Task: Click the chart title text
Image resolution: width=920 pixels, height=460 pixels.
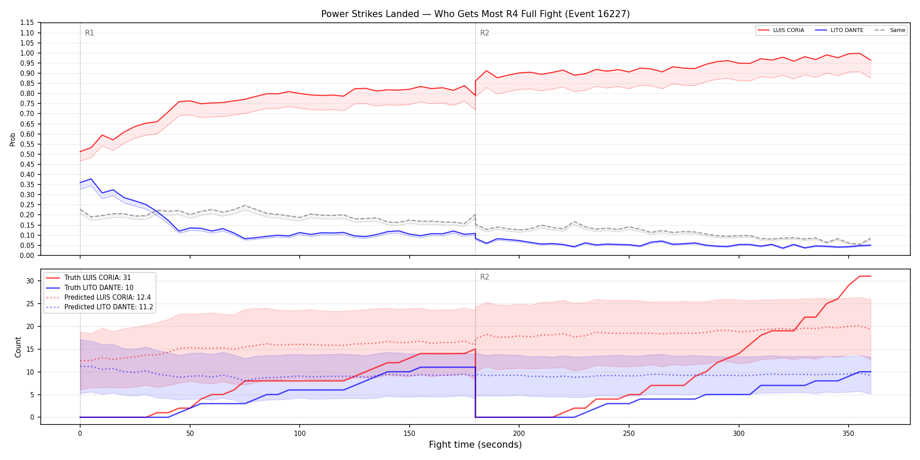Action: (475, 14)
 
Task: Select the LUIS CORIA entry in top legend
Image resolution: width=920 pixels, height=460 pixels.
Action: (781, 30)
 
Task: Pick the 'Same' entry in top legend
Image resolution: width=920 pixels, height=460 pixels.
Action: (890, 30)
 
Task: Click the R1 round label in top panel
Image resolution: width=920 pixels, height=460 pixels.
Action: (89, 33)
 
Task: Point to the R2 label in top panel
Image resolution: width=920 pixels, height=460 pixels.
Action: (485, 33)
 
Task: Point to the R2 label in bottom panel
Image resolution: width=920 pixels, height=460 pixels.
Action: (485, 277)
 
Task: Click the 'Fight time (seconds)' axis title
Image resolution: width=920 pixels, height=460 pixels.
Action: (475, 445)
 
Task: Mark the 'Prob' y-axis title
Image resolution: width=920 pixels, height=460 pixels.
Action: (13, 139)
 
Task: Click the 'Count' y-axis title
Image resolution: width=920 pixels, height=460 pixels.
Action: (18, 347)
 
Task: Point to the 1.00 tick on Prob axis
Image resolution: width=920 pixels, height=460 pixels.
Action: (27, 53)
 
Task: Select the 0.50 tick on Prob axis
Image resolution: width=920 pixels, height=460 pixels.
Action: (27, 154)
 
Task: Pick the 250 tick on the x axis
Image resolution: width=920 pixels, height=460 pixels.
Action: (629, 434)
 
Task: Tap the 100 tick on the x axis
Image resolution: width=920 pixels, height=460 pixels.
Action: (300, 434)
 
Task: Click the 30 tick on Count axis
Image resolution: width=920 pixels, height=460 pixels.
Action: (30, 281)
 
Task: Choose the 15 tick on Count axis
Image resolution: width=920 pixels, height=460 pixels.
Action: (30, 349)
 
